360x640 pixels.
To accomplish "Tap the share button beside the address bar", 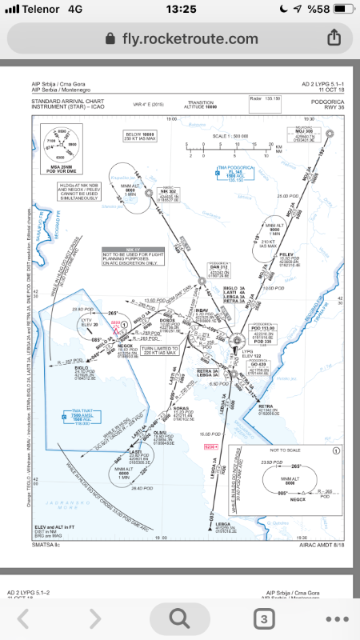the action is (334, 38).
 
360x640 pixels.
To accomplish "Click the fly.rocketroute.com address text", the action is (179, 38).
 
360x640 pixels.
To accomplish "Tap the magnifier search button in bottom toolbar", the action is (179, 618).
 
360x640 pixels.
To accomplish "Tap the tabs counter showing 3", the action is (262, 618).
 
